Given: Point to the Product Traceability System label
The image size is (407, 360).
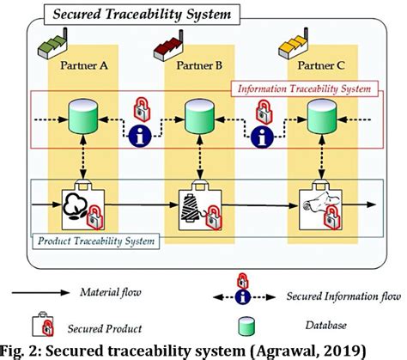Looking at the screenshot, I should point(96,239).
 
